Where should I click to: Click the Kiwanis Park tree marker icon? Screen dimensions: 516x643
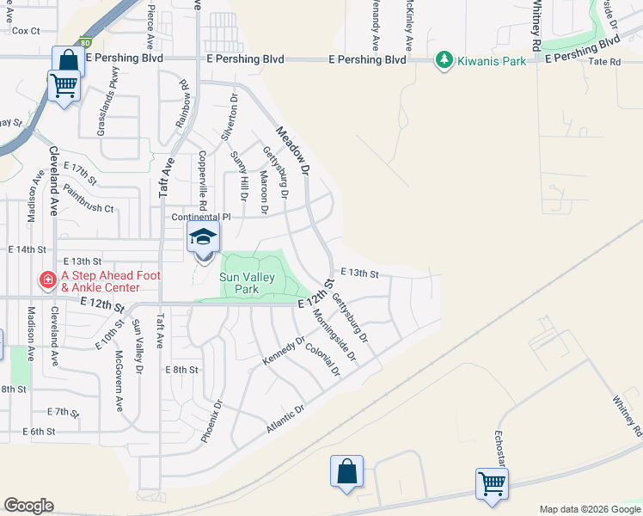pos(444,60)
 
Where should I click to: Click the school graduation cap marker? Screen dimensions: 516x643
pos(204,238)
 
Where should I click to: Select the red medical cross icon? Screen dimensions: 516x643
pos(47,279)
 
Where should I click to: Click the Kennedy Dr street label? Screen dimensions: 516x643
pos(283,350)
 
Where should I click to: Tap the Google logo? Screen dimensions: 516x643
pos(28,506)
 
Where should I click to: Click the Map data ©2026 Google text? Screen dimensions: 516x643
pos(589,509)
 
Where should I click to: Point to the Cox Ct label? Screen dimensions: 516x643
pos(26,31)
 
